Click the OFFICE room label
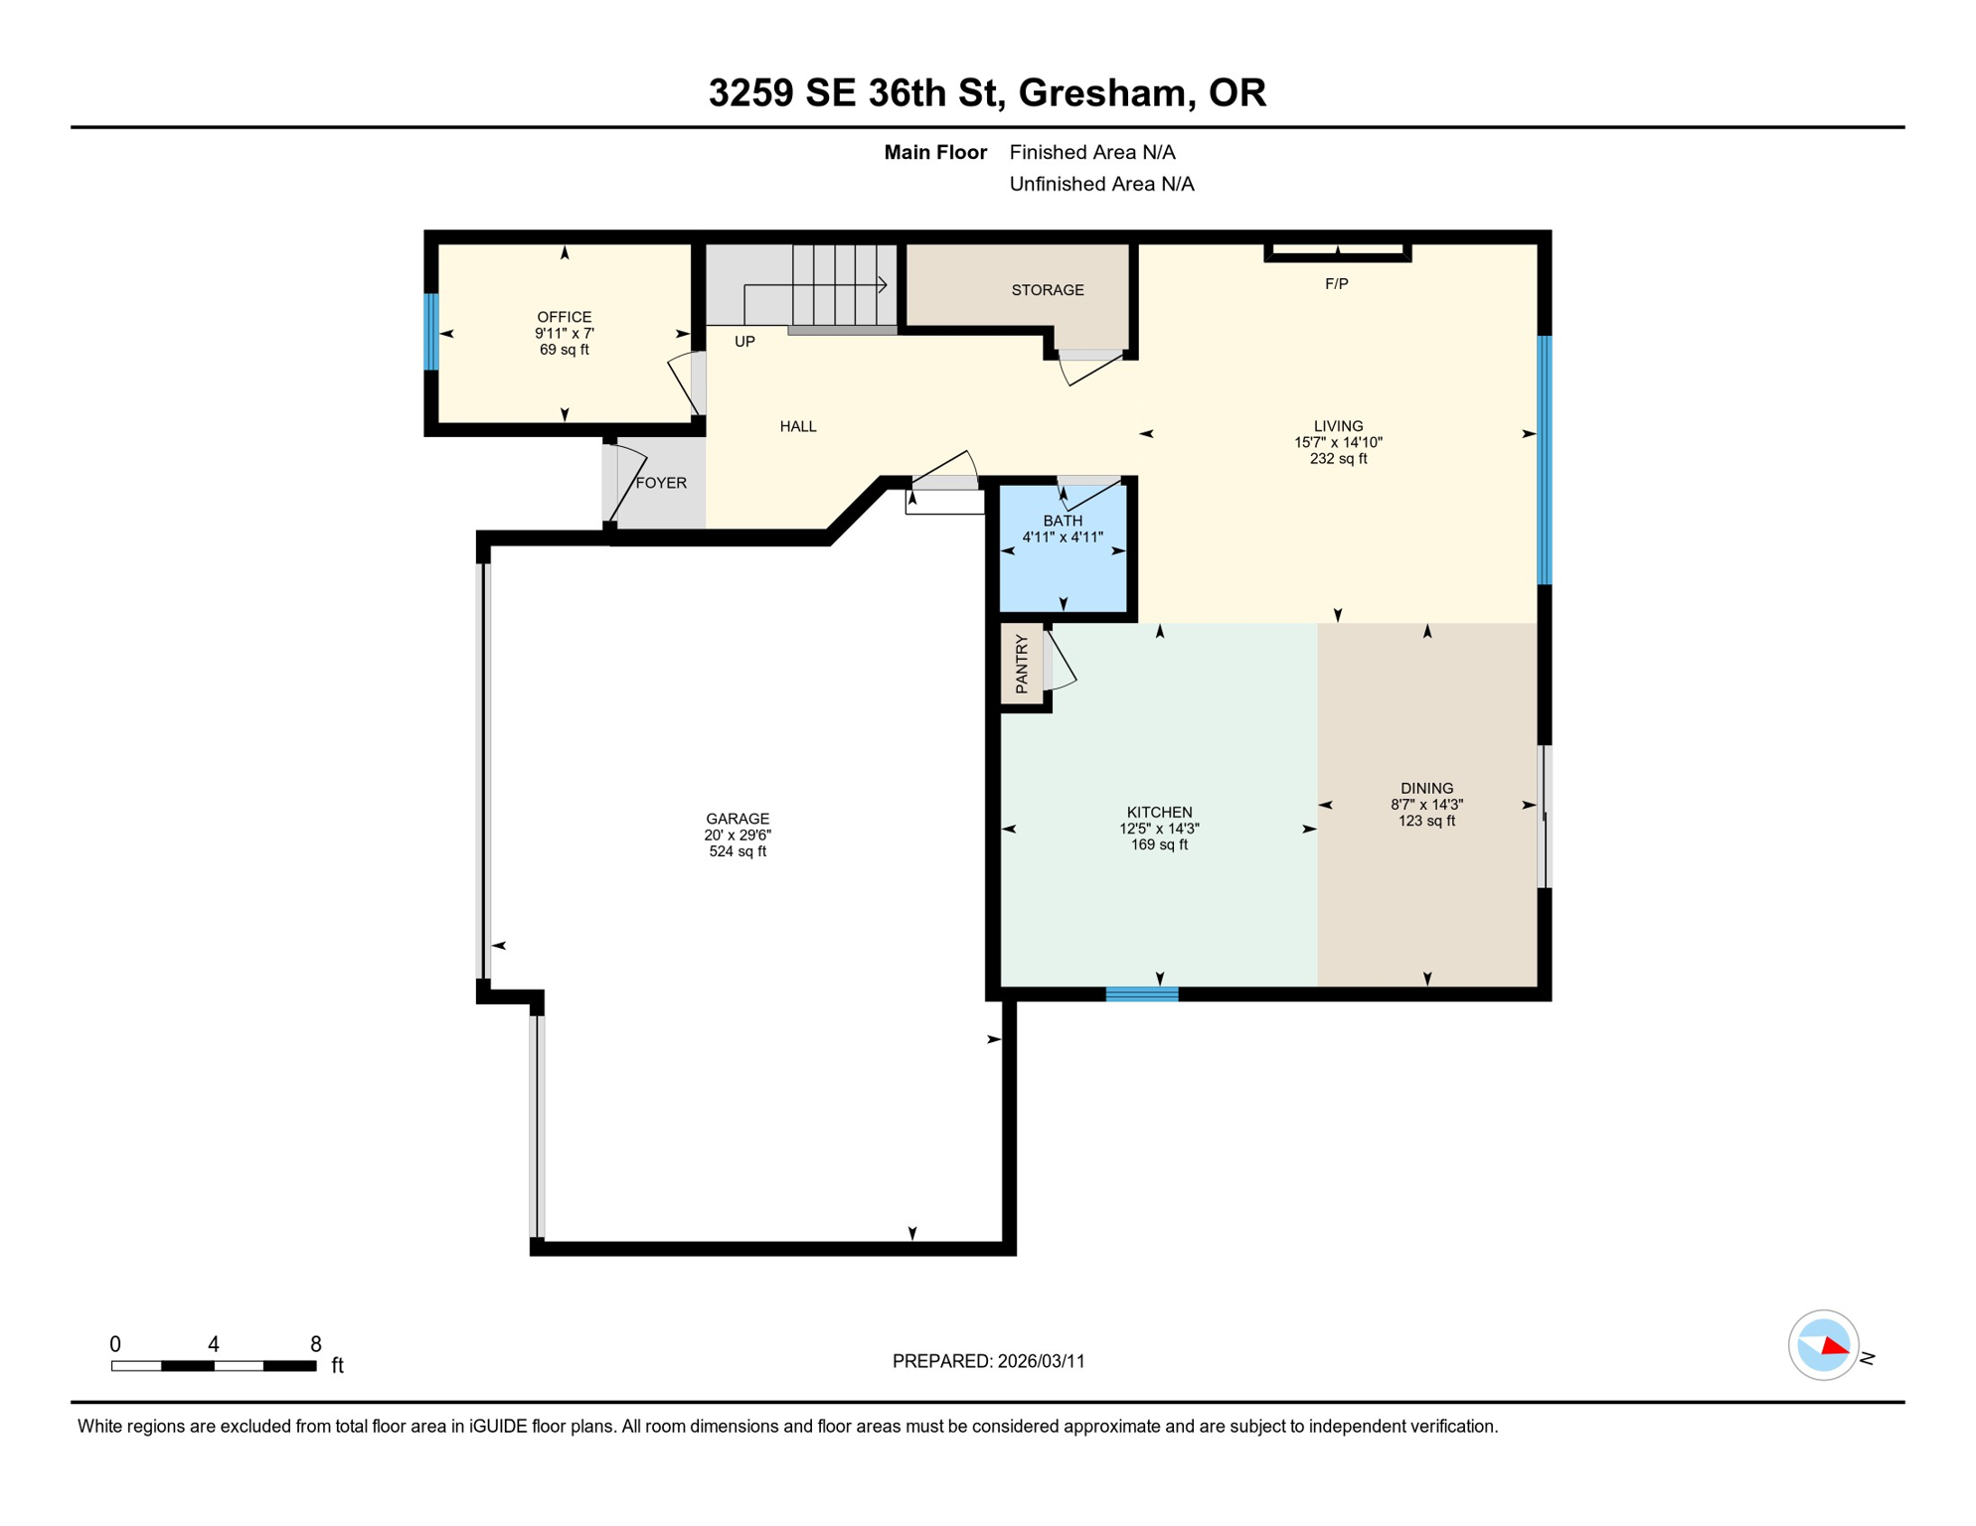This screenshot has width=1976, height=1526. coord(564,317)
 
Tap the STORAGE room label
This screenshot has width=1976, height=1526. coord(1047,290)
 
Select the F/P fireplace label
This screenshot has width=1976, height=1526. coord(1336,284)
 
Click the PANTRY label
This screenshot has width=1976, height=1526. coord(1022,664)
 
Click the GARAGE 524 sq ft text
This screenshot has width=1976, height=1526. coord(737,851)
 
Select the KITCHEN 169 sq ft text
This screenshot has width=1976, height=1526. coord(1159,844)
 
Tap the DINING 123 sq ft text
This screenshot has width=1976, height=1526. coord(1426,821)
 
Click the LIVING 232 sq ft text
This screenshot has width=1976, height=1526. coord(1338,458)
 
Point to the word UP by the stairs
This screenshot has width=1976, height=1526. coord(744,342)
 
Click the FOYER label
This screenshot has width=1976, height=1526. coord(661,483)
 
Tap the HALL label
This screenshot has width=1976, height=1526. coord(797,426)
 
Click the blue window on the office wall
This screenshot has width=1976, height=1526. coord(431,332)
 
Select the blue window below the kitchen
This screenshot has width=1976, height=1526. coord(1142,993)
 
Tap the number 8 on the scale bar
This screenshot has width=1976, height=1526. coord(315,1344)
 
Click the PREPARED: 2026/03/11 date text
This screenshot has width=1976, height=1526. coord(988,1361)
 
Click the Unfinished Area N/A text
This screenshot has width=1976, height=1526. coord(1101,184)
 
